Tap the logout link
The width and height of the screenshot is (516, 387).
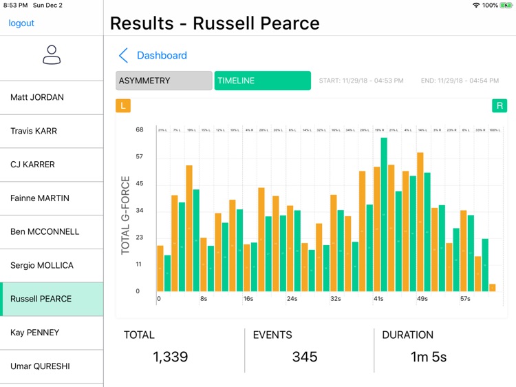click(21, 23)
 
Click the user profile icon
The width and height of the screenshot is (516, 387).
click(52, 55)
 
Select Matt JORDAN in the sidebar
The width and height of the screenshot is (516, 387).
click(37, 97)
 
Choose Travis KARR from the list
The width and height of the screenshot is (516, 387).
click(34, 131)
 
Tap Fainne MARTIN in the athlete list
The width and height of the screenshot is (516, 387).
click(40, 198)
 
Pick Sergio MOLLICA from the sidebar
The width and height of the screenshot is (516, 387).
click(42, 265)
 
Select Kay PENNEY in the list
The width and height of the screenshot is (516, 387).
click(35, 333)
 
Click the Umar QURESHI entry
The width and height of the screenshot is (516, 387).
click(40, 366)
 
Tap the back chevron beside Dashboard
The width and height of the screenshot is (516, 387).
click(123, 56)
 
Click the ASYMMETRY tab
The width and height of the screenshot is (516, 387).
click(164, 81)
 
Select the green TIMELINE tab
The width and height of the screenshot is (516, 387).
click(262, 81)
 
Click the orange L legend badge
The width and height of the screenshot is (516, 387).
click(123, 105)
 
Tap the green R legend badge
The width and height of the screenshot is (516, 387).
click(499, 105)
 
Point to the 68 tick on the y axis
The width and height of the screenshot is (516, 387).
click(140, 129)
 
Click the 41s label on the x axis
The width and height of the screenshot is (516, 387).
click(378, 299)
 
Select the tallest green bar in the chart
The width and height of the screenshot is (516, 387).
click(384, 213)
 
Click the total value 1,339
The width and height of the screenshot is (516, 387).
click(170, 357)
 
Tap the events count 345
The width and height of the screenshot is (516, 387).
click(304, 357)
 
